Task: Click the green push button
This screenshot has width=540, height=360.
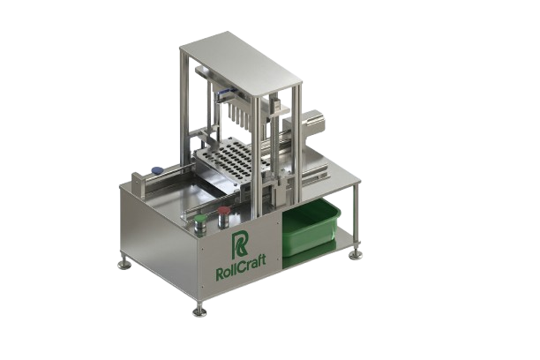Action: pos(200,218)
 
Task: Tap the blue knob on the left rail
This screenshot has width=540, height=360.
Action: pos(157,169)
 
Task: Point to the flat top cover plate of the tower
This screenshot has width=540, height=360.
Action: pos(241,63)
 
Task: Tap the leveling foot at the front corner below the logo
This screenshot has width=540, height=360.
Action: pos(199,311)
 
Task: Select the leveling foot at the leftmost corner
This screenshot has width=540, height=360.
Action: pos(124,264)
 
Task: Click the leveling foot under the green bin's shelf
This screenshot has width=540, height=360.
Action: pos(355,254)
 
